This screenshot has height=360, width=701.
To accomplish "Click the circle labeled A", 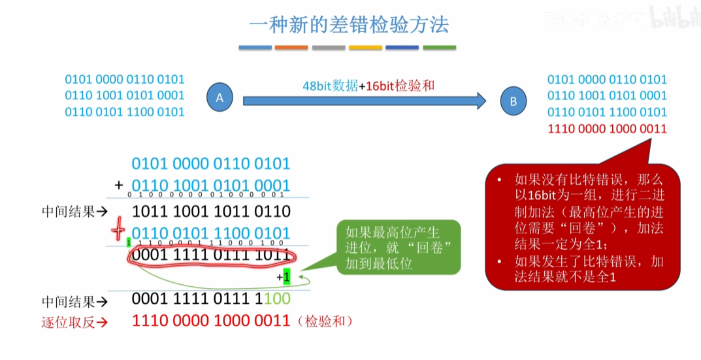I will [x=220, y=98].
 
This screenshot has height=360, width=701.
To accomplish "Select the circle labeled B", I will [x=514, y=101].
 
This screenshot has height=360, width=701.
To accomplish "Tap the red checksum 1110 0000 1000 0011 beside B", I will [x=607, y=129].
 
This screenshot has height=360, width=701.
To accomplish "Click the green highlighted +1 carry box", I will [x=286, y=278].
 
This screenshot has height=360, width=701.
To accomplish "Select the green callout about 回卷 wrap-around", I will [x=399, y=246].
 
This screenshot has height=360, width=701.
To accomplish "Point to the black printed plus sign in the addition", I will [x=119, y=186].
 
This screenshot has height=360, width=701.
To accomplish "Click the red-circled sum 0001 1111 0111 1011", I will [x=210, y=255].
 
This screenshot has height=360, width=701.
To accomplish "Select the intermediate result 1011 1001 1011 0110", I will [x=210, y=211].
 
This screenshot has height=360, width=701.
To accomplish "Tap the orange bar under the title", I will [x=291, y=48].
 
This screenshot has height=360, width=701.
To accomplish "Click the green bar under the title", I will [x=439, y=48].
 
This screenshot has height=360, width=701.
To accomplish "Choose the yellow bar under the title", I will [x=365, y=48].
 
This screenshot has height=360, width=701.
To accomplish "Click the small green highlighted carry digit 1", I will [x=129, y=242].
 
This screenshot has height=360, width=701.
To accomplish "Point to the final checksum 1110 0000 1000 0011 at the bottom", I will [x=210, y=321].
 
